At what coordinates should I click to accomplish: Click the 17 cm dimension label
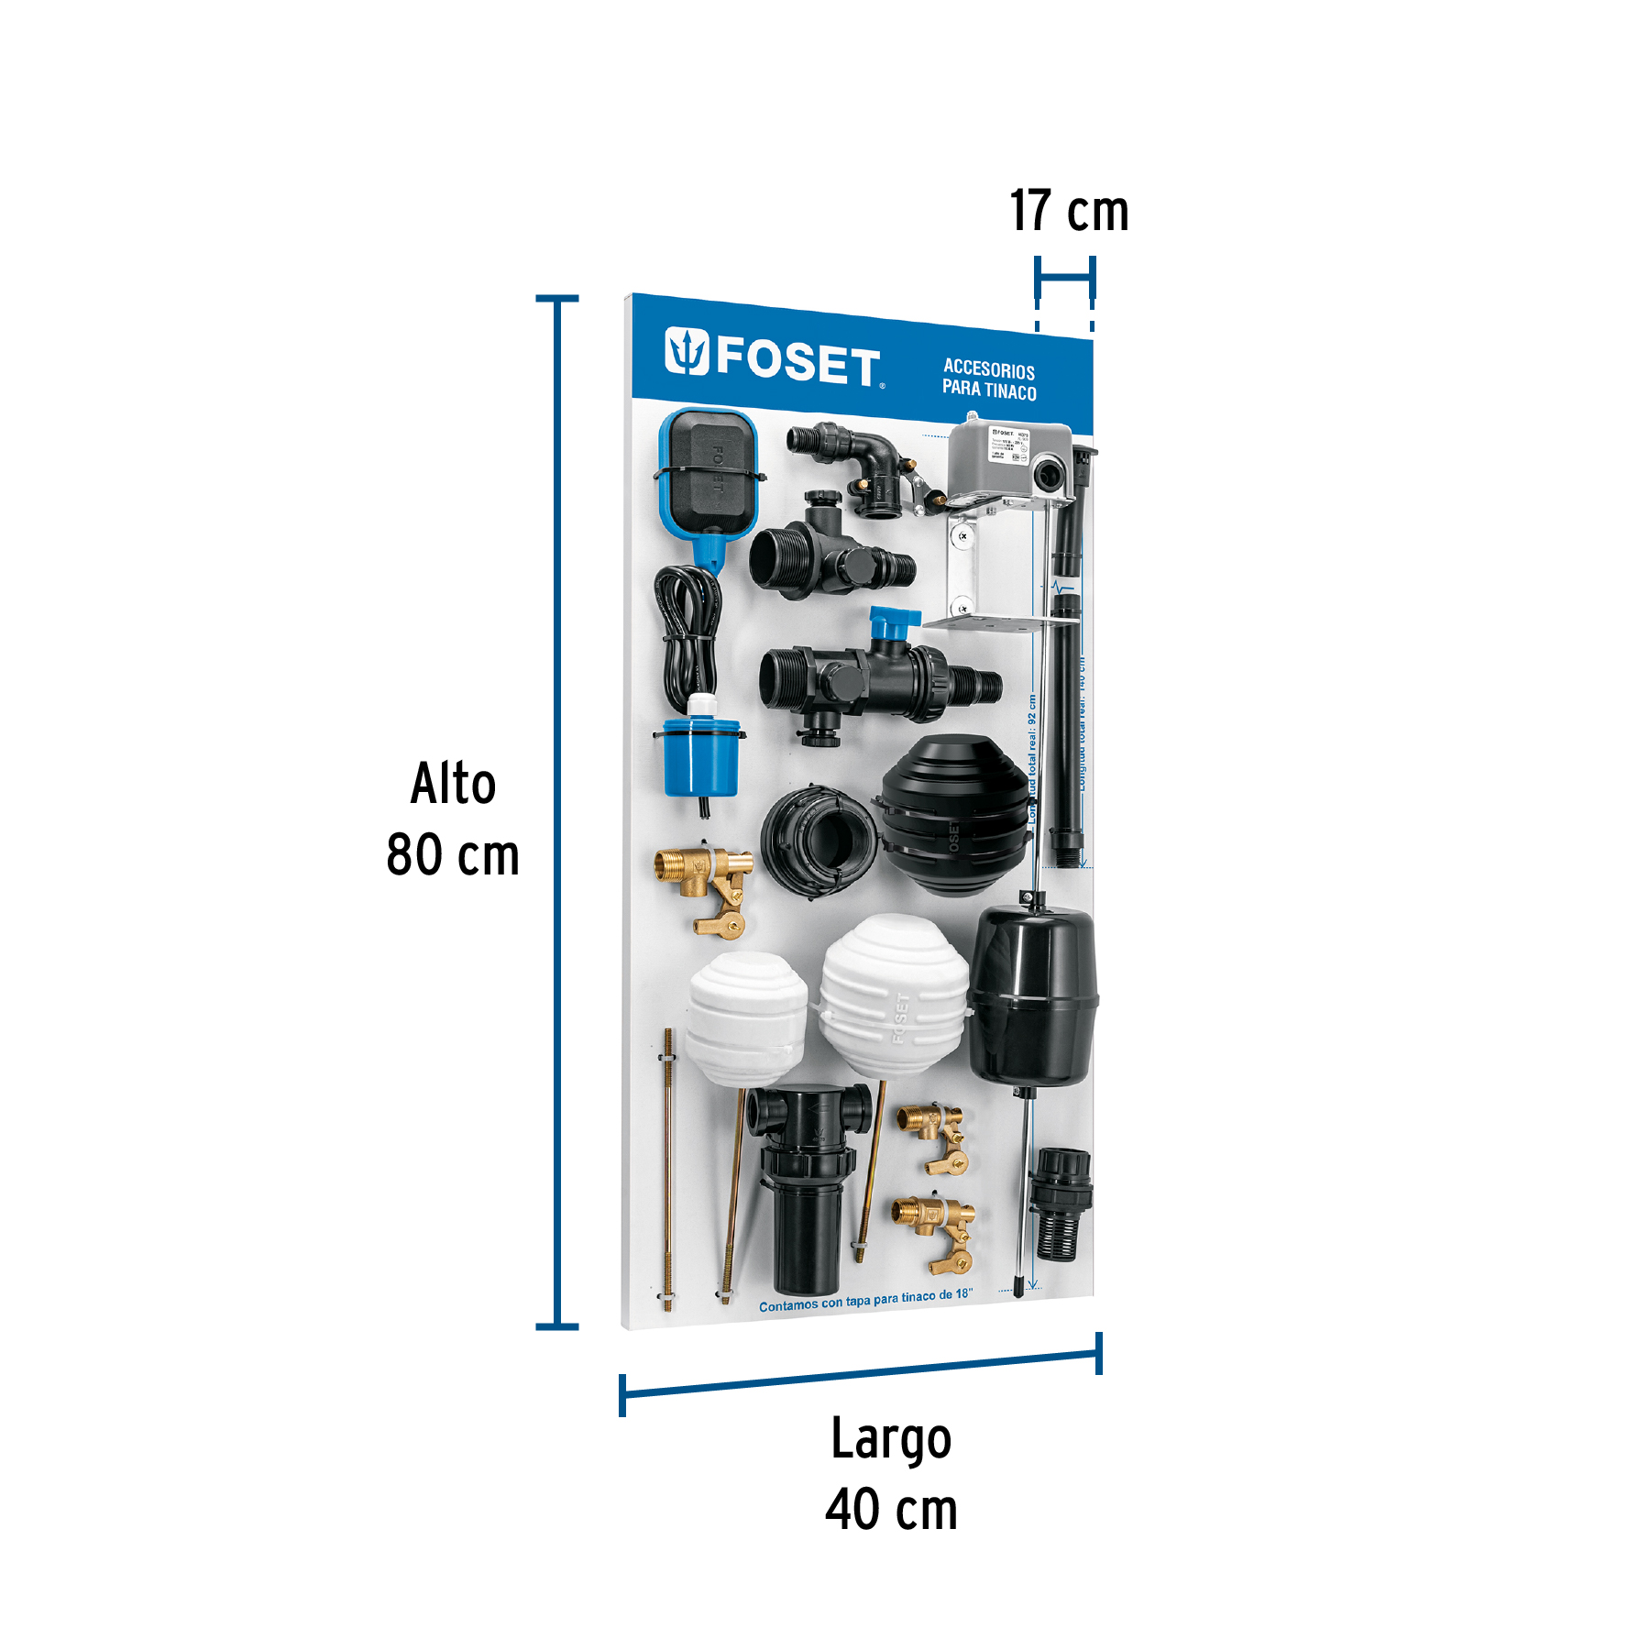click(x=1069, y=212)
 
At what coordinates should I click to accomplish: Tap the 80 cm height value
click(x=453, y=855)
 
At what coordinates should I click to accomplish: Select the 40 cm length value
click(x=891, y=1510)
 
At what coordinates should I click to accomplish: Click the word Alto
click(x=453, y=785)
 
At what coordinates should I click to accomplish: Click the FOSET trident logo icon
click(x=687, y=351)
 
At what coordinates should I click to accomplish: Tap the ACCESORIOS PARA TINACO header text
click(x=989, y=379)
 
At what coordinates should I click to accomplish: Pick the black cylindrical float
click(x=1033, y=995)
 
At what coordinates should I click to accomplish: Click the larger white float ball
click(x=894, y=996)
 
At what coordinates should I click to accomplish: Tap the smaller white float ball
click(x=746, y=1017)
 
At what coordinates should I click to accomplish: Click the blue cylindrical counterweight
click(x=701, y=758)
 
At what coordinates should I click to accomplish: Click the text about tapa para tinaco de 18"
click(x=864, y=1300)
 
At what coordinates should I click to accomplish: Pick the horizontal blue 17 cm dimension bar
click(x=1064, y=277)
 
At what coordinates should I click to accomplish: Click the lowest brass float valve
click(x=935, y=1232)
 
